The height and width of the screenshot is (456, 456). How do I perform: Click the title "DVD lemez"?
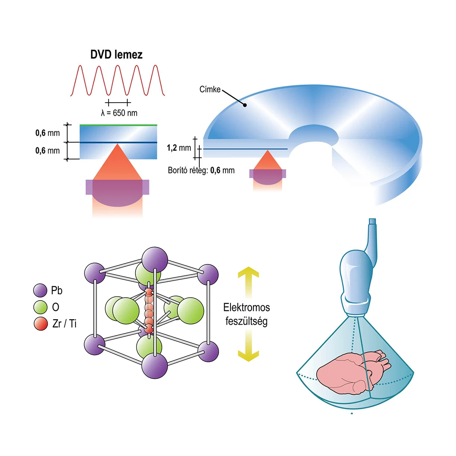pyautogui.click(x=117, y=55)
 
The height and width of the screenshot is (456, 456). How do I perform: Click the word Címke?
pyautogui.click(x=210, y=90)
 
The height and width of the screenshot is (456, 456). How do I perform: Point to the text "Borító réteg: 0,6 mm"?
pyautogui.click(x=201, y=171)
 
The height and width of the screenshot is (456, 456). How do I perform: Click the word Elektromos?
pyautogui.click(x=247, y=307)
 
